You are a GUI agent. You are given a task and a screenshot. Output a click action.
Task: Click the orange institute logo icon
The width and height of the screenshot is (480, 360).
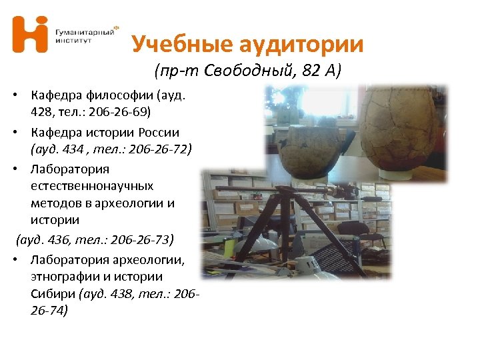30,34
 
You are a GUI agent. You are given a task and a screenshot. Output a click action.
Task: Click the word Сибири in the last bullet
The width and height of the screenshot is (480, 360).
53,293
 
